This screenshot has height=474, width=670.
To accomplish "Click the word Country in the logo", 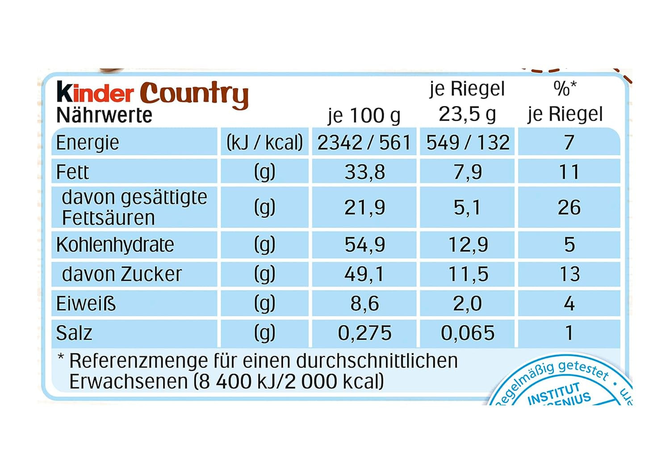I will (194, 94).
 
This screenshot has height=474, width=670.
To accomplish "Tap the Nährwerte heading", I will (104, 115).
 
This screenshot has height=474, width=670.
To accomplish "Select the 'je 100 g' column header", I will (364, 115).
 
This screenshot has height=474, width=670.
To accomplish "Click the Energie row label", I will (88, 143).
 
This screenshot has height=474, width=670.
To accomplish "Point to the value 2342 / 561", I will (364, 143).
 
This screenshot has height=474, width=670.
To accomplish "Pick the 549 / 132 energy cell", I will (468, 143).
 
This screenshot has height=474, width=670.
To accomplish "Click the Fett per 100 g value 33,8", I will (364, 172).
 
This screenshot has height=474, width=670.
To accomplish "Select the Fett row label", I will (72, 172).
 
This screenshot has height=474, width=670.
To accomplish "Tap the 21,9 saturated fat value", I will (364, 208).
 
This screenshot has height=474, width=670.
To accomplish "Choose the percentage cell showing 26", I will (569, 208).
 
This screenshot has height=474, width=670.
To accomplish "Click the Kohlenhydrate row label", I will (115, 245).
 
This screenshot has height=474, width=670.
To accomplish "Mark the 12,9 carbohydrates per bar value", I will (468, 245).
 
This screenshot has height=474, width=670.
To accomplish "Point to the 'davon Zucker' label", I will (122, 274).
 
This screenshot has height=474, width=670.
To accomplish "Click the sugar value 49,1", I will (364, 274).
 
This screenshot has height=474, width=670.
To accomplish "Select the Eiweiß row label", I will (86, 304).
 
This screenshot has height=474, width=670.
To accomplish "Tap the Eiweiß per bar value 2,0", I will (468, 304).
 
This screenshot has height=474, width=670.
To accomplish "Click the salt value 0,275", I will (364, 333).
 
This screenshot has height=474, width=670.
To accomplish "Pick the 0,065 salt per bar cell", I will (468, 333).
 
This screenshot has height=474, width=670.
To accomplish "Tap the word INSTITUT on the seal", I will (554, 393).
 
